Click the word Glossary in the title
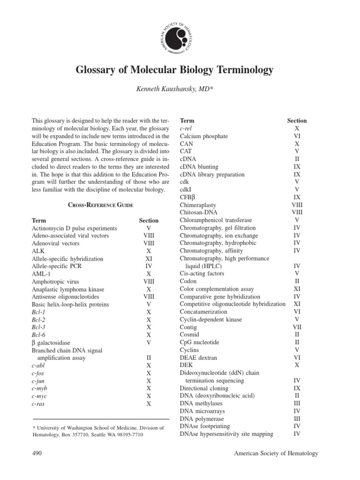[94, 70]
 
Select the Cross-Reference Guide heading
[101, 205]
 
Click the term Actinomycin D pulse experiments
[75, 228]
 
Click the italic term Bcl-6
[38, 335]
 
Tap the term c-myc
[39, 396]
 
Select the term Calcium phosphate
[204, 136]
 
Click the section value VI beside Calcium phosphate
[297, 136]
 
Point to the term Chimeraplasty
[198, 205]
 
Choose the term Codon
[188, 282]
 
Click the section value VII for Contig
[297, 327]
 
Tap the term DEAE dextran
[199, 358]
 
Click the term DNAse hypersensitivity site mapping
[226, 434]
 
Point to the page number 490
[37, 453]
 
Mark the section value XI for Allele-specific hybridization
[149, 259]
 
